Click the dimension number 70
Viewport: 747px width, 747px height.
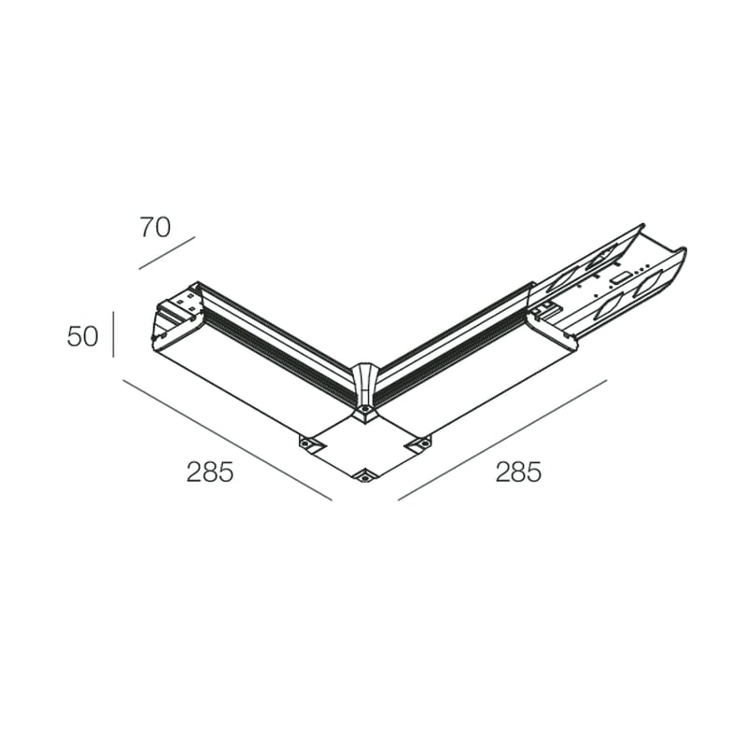pos(155,227)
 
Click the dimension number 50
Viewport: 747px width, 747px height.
pos(82,336)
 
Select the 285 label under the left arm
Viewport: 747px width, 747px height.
pos(209,472)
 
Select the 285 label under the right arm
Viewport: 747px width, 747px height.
pos(518,472)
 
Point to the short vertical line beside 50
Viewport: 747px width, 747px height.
pos(113,334)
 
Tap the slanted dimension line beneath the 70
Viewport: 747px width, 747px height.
pos(166,253)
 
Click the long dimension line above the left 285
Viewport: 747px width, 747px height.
pos(226,440)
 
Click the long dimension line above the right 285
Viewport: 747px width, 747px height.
pos(502,440)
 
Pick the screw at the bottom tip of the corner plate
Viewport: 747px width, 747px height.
pos(364,476)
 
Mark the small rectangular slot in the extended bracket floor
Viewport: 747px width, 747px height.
pos(617,277)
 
